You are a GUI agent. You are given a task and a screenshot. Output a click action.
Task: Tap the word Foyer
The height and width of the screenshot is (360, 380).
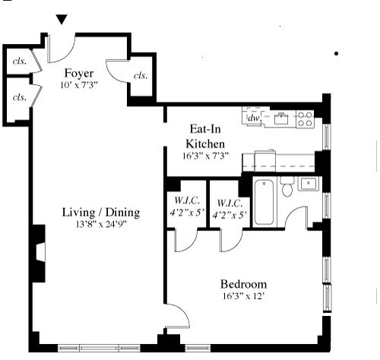(78, 73)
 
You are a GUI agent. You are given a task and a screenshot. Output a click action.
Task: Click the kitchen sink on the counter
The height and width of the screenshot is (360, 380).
(280, 118)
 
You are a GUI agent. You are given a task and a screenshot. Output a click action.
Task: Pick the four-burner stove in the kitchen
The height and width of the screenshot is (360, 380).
(305, 118)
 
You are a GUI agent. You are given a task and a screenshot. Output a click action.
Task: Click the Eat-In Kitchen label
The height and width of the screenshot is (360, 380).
(204, 137)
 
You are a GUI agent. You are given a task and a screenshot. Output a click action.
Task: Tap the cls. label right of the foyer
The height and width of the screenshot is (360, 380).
(141, 76)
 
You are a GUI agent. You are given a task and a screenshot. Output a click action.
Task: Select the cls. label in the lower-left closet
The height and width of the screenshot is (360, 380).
(19, 96)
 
